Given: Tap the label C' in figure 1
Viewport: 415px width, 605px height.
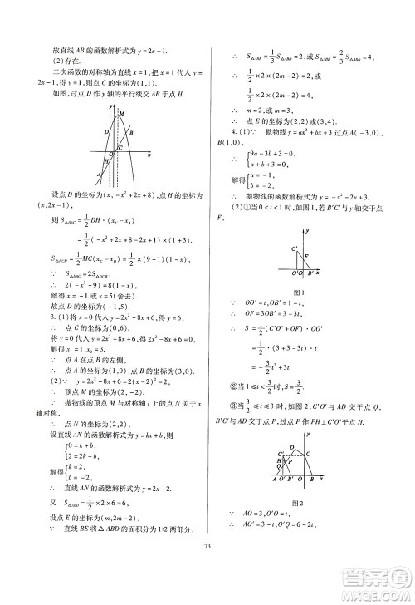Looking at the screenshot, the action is pos(295,249).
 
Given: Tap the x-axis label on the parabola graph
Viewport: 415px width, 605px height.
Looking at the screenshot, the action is pos(148,155).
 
